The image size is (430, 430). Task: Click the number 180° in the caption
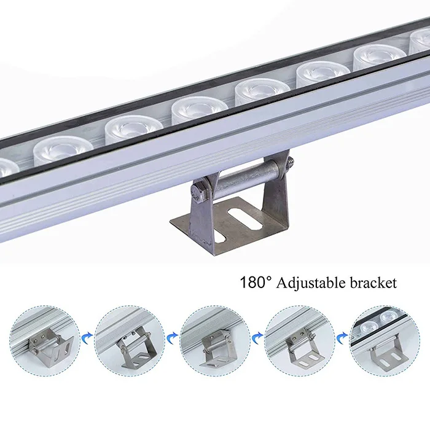(x=255, y=283)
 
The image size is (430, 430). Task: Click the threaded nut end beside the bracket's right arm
(x=289, y=165)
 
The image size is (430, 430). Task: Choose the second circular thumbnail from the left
(x=130, y=342)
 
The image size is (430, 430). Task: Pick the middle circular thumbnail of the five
(x=215, y=342)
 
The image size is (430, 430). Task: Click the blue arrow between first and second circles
(x=88, y=335)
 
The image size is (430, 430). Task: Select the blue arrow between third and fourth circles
(x=259, y=335)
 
